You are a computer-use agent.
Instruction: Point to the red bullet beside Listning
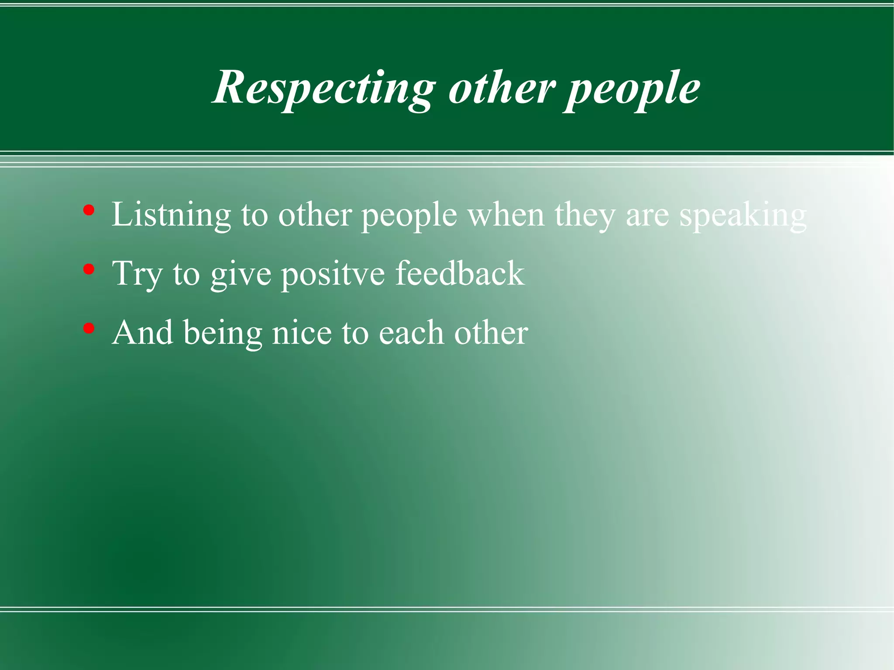89,211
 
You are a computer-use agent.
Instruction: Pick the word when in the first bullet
506,215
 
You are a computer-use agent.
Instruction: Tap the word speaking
743,215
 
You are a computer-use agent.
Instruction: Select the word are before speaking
647,215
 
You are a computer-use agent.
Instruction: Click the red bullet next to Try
89,270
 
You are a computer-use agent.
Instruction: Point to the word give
241,274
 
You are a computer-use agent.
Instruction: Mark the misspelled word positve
333,274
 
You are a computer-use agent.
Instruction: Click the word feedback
460,274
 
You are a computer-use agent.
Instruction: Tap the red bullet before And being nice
89,329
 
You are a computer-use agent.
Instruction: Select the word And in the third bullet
142,333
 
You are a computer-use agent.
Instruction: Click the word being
223,333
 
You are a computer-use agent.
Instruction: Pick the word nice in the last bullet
302,333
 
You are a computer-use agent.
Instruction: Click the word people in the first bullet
409,215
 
